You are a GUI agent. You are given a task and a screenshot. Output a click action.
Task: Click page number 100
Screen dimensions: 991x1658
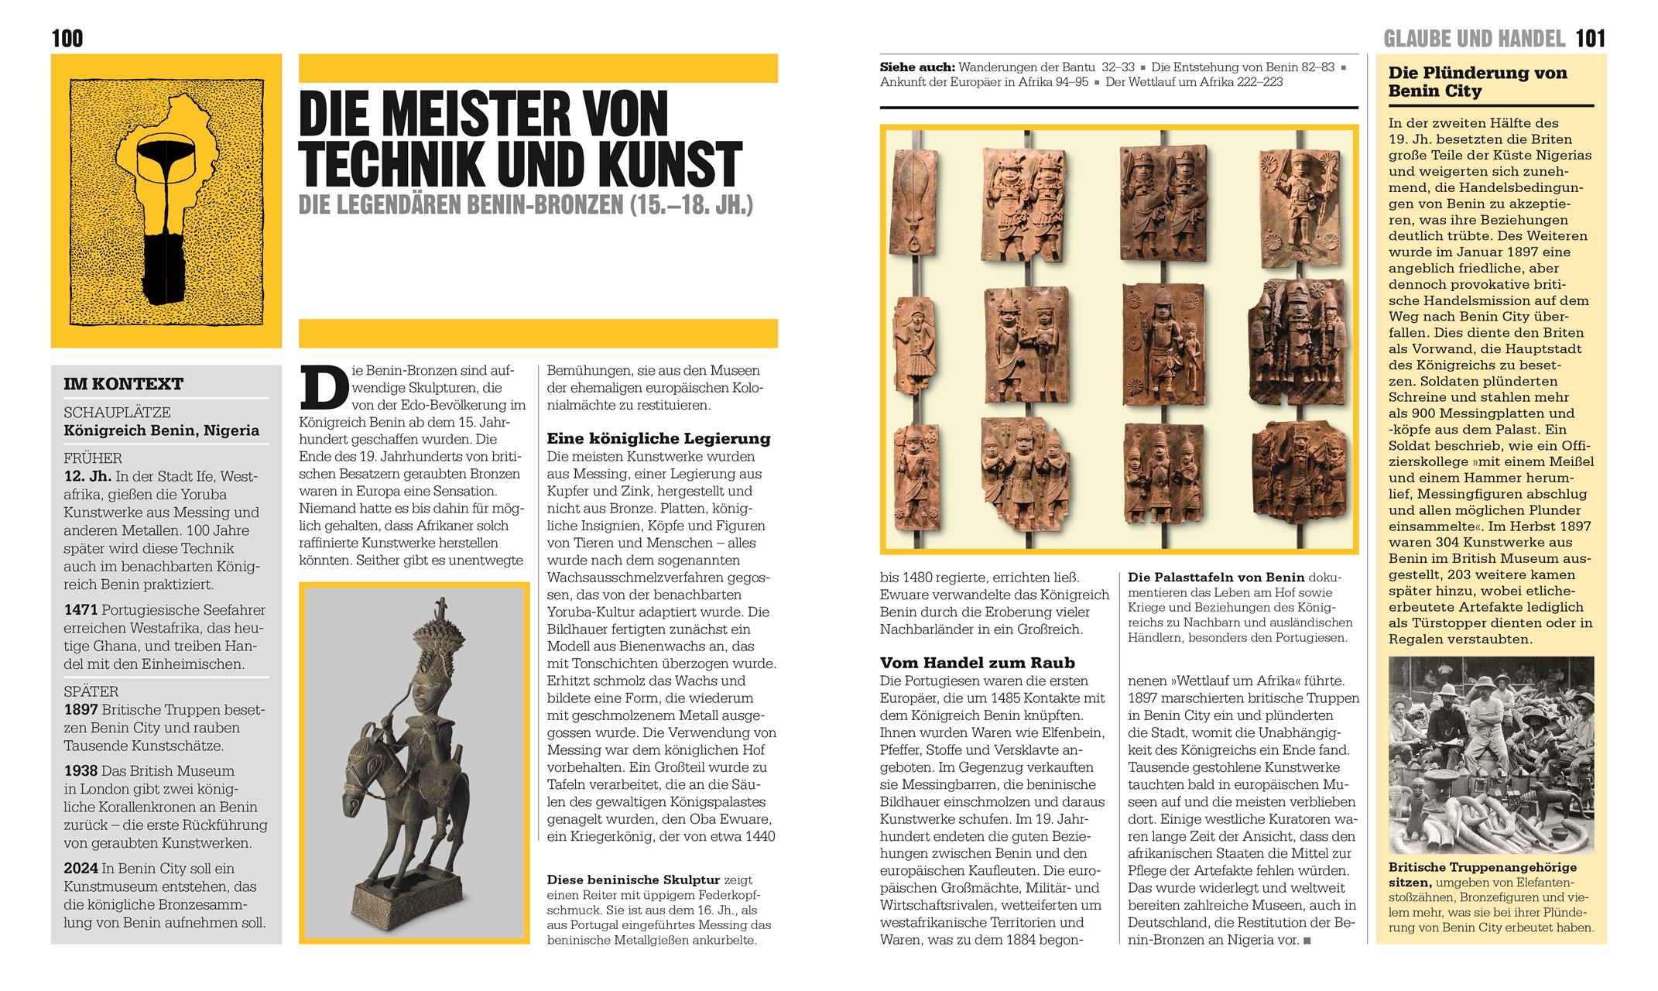coord(67,39)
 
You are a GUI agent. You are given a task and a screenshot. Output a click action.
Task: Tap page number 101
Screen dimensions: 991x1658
coord(1590,39)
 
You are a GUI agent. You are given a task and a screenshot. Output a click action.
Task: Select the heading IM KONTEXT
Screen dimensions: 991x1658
coord(123,384)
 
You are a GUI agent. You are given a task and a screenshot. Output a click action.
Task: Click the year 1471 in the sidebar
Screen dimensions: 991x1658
coord(81,610)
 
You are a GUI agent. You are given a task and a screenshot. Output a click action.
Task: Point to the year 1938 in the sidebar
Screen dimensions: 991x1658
coord(81,771)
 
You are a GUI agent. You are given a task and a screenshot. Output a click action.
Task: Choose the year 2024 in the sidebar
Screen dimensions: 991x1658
coord(81,869)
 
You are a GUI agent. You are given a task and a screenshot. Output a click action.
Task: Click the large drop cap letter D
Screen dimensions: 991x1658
coord(324,388)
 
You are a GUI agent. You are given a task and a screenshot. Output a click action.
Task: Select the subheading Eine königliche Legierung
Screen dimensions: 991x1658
coord(659,438)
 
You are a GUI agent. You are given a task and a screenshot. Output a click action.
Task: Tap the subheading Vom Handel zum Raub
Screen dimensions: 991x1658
coord(977,663)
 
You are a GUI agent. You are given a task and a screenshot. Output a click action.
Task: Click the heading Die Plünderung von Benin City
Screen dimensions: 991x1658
coord(1477,82)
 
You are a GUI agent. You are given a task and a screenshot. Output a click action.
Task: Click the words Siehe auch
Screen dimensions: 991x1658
coord(916,67)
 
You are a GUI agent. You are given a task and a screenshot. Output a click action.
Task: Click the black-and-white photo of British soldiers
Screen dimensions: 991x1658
coord(1491,754)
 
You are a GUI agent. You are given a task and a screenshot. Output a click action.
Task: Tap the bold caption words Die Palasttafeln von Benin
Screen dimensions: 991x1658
coord(1216,578)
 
